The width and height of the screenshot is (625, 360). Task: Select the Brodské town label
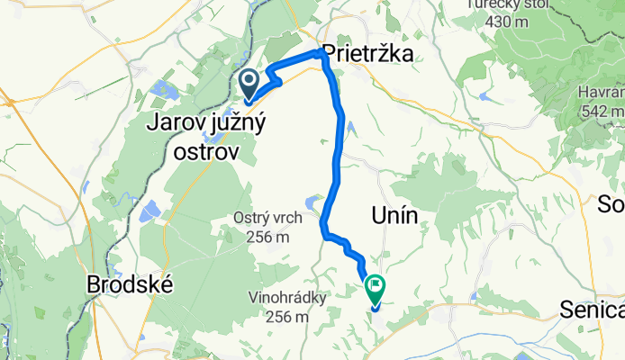[x=129, y=284]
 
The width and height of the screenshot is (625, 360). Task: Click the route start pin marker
[x=249, y=83]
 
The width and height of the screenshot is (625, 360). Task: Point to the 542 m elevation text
[x=604, y=111]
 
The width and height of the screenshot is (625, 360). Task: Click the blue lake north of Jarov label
[x=166, y=88]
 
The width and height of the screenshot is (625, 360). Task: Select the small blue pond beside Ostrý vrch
[x=312, y=202]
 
